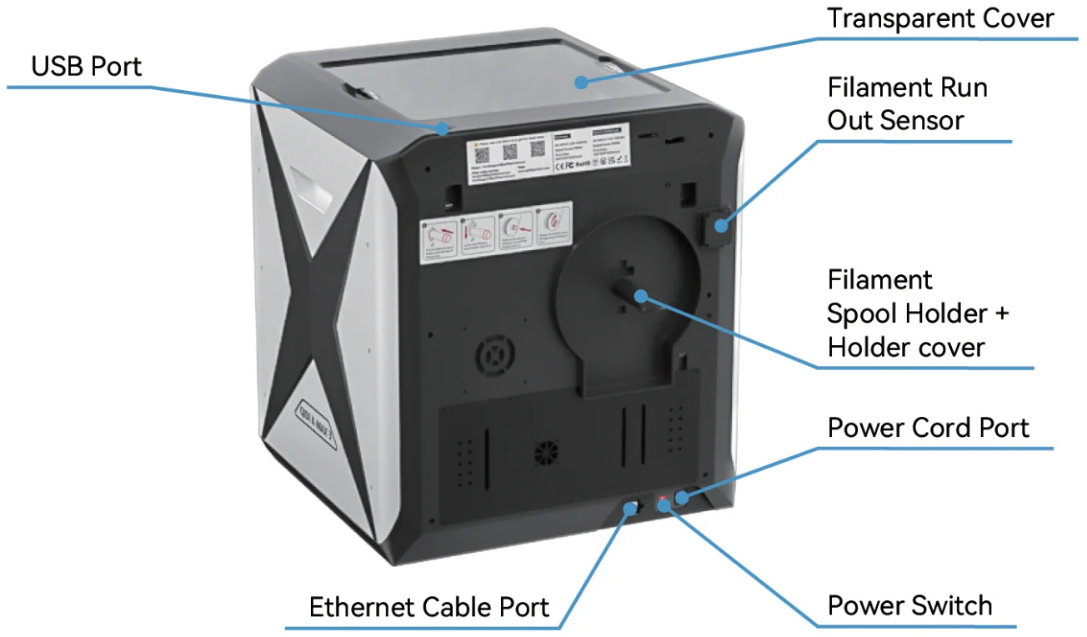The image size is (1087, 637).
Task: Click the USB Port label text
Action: tap(87, 66)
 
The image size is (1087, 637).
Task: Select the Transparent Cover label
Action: tap(940, 18)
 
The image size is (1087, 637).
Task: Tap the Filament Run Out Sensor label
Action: tap(907, 103)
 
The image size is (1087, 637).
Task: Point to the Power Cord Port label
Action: tap(928, 428)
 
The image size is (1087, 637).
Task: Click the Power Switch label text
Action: tap(909, 605)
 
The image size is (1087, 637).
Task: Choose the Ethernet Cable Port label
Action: tap(429, 606)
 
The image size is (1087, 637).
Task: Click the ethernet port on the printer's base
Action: tap(633, 506)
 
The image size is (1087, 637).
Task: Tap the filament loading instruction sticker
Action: tap(497, 230)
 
